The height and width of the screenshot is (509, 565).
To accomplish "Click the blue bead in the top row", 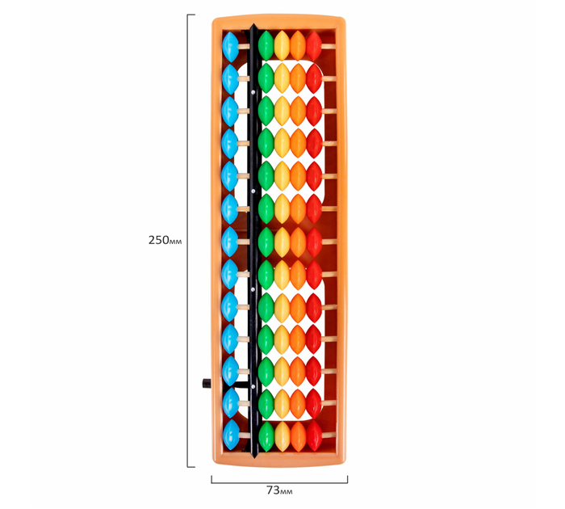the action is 231,47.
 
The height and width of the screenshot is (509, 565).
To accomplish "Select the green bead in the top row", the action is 266,45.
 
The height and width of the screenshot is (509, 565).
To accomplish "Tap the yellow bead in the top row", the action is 282,45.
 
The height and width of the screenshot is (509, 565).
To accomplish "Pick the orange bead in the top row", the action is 298,45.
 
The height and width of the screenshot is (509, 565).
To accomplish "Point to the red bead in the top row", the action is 314,46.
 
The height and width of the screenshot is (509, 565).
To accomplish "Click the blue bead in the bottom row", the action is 232,435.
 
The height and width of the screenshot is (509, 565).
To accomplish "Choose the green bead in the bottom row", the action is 266,436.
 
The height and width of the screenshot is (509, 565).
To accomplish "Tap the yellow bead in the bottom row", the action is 282,436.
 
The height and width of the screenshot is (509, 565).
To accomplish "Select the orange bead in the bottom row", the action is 299,436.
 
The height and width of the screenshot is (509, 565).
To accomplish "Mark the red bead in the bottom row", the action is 314,435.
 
